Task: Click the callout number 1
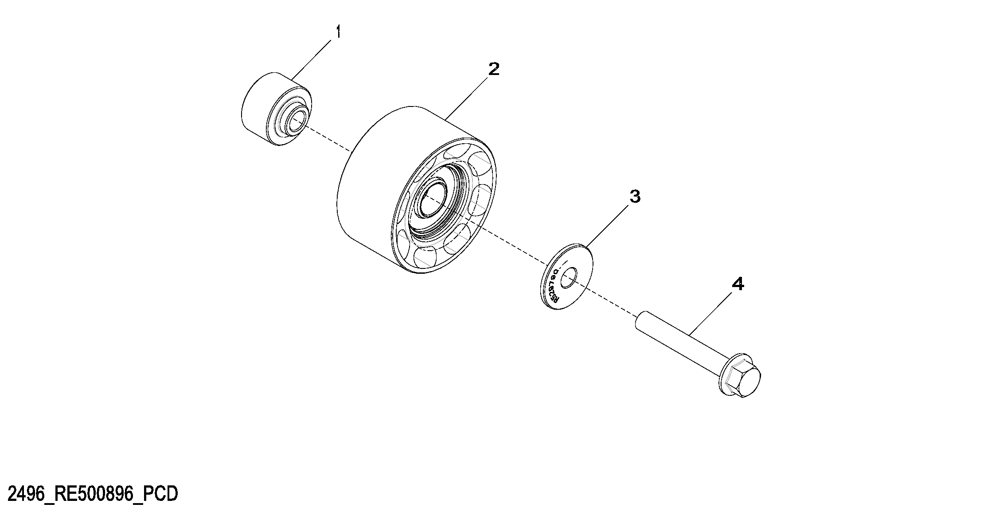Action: (x=338, y=32)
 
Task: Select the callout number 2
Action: (x=493, y=69)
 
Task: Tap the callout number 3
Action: (x=635, y=197)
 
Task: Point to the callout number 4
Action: (x=737, y=284)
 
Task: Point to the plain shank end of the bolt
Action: (x=643, y=321)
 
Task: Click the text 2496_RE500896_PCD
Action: (x=93, y=494)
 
